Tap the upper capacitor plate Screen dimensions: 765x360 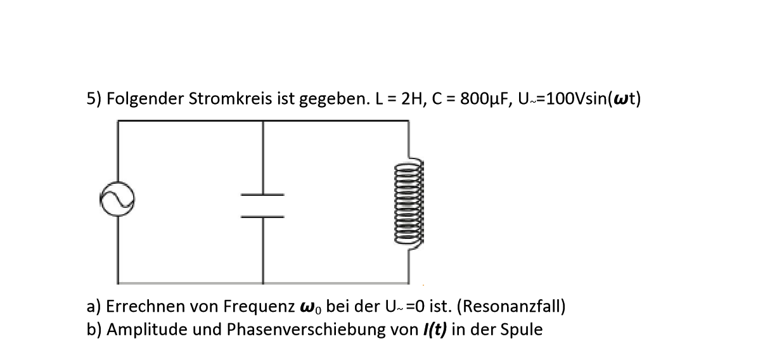[x=262, y=195]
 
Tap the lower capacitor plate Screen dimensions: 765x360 [x=262, y=217]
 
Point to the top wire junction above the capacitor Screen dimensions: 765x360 [x=263, y=121]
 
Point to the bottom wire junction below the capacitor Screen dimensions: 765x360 [x=263, y=283]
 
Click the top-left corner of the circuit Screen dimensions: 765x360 [x=118, y=121]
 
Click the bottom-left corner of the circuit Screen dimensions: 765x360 [x=118, y=283]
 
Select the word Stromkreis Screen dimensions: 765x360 [x=230, y=99]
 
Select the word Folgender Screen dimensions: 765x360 [x=145, y=100]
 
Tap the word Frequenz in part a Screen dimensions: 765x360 [x=259, y=307]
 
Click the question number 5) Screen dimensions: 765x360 [x=94, y=99]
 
